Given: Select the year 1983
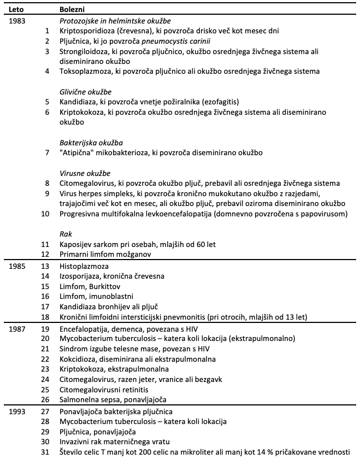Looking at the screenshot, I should click(x=19, y=21).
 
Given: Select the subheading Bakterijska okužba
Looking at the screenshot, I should click(x=91, y=143).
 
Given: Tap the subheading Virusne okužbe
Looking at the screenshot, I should click(x=85, y=173).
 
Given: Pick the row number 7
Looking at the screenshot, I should click(x=47, y=152).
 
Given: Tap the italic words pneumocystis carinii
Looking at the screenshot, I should click(x=178, y=41).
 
